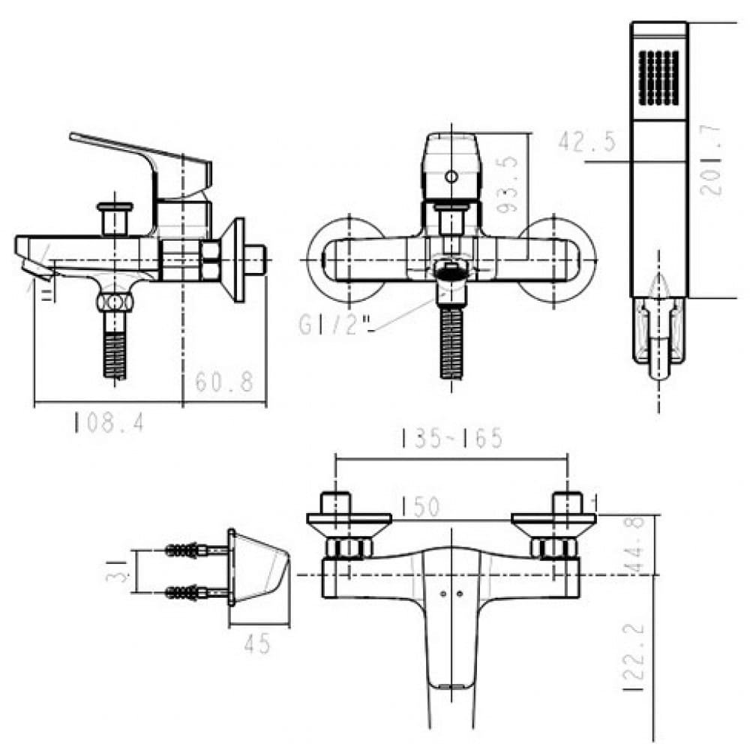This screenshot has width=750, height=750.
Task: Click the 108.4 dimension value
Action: pos(108,424)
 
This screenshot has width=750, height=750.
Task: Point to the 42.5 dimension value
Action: pos(587,141)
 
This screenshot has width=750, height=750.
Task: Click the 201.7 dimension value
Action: pos(713,160)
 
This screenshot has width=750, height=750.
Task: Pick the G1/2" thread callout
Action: pos(336,324)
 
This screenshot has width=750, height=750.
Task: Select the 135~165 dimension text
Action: pos(451,439)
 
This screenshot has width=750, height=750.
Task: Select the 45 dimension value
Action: pos(256,643)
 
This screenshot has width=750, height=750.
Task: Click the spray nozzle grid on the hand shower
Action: pos(658,78)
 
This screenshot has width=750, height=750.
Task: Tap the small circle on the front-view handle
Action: pos(451,178)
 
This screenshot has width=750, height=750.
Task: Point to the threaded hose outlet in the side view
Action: pos(114,349)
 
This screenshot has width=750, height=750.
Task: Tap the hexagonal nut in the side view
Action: pos(209,259)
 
